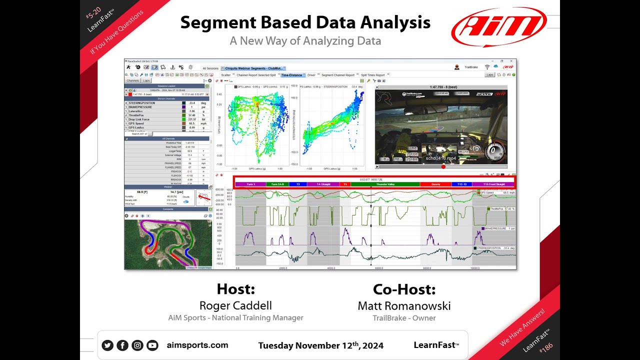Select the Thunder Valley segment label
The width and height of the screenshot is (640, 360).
pyautogui.click(x=385, y=184)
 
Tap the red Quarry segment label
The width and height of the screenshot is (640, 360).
pyautogui.click(x=435, y=184)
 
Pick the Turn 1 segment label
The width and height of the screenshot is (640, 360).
pyautogui.click(x=250, y=184)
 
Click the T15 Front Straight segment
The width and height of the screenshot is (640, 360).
pyautogui.click(x=493, y=184)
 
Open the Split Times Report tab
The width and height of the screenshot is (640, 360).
pyautogui.click(x=372, y=75)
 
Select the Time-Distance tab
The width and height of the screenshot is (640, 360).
pyautogui.click(x=291, y=75)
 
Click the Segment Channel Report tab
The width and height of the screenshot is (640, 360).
pyautogui.click(x=338, y=75)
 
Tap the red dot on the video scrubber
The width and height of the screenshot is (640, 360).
pyautogui.click(x=443, y=166)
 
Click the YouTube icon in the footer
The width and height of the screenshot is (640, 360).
pyautogui.click(x=152, y=345)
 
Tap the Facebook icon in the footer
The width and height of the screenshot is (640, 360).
pyautogui.click(x=122, y=345)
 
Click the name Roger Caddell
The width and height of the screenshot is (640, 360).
pyautogui.click(x=235, y=305)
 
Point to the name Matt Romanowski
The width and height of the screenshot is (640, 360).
pyautogui.click(x=404, y=305)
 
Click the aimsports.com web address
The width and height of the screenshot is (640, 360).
pyautogui.click(x=197, y=345)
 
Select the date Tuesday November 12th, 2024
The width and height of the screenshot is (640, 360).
pyautogui.click(x=321, y=345)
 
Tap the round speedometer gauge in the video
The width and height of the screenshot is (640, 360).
pyautogui.click(x=494, y=150)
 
